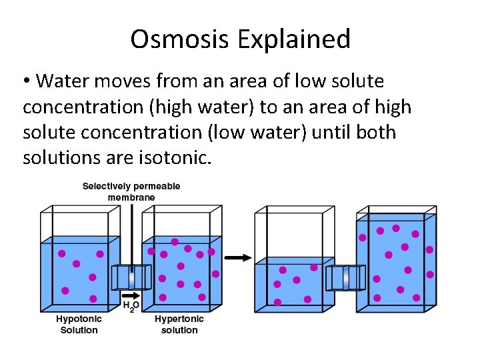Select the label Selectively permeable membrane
coord(131,191)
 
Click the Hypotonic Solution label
coord(79,325)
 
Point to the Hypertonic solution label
coord(179,325)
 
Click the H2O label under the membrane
coord(131,307)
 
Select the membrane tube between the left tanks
coord(131,277)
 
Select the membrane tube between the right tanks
coord(345,277)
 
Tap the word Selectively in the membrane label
coord(107,186)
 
